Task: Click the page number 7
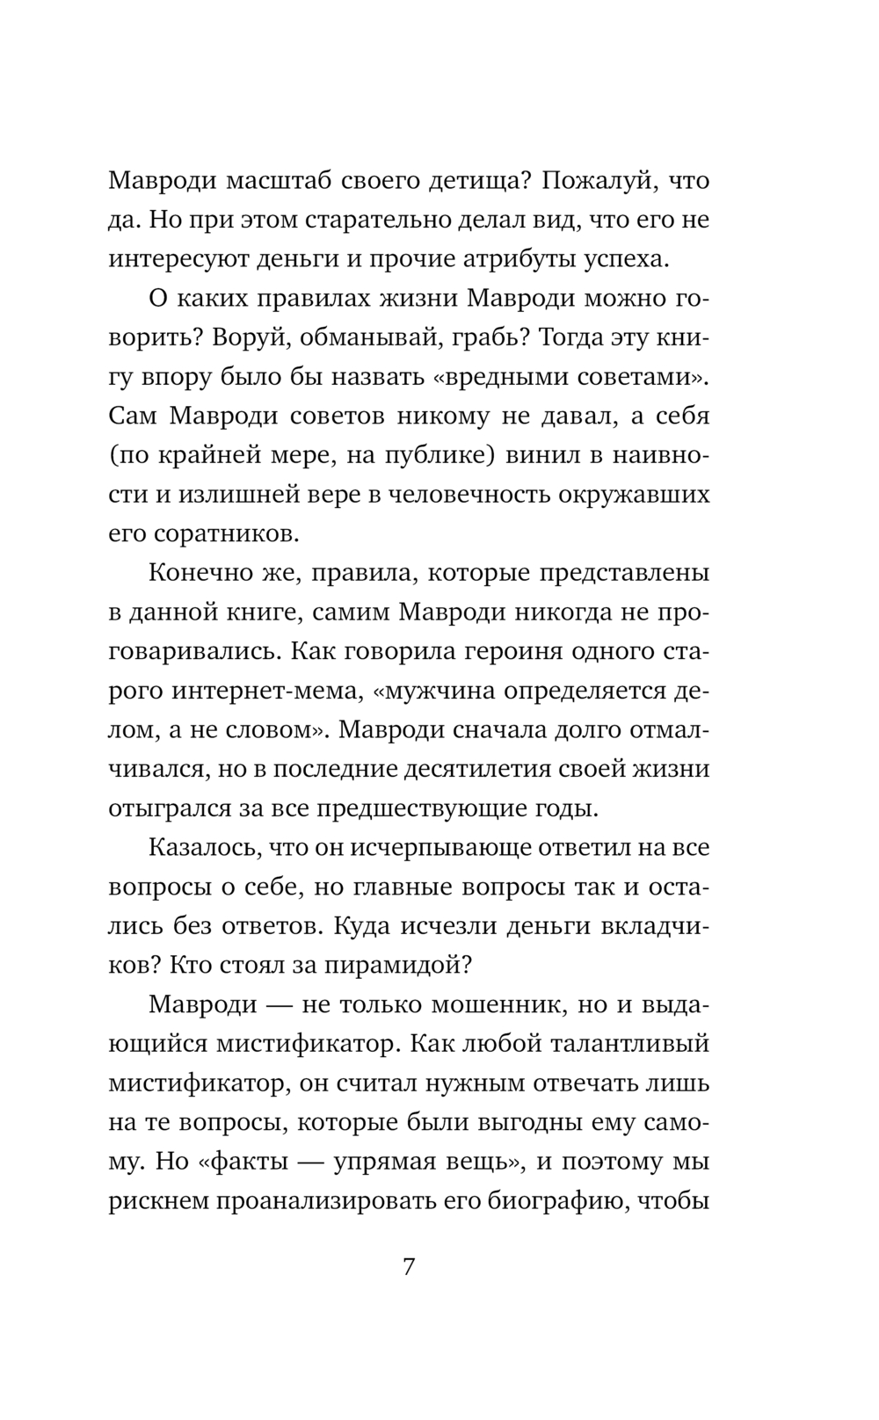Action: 408,1269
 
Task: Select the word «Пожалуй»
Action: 601,182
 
